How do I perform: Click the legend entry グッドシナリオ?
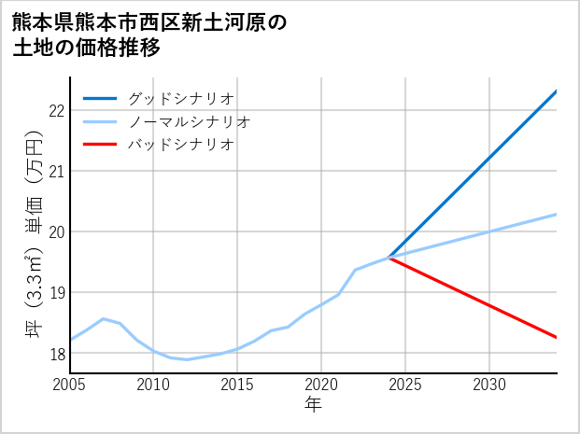click(x=180, y=98)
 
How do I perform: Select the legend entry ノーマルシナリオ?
click(x=189, y=121)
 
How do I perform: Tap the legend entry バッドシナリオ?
click(x=180, y=145)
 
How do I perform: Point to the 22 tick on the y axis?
click(x=55, y=110)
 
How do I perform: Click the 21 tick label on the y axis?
click(x=55, y=171)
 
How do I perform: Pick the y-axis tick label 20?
click(x=55, y=231)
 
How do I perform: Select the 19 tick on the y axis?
click(x=55, y=293)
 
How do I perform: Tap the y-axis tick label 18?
click(x=55, y=354)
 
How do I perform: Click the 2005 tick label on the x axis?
click(x=70, y=385)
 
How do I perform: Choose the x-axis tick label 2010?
click(x=153, y=385)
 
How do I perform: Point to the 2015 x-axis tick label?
click(x=237, y=385)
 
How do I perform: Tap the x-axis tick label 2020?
click(x=321, y=385)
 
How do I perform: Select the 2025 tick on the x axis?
click(x=405, y=385)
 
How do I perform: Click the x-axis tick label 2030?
click(x=489, y=385)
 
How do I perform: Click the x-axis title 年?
click(x=314, y=405)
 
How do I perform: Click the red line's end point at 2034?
click(x=557, y=337)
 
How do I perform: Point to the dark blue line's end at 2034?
click(x=557, y=91)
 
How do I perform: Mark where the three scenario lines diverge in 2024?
click(x=389, y=258)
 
